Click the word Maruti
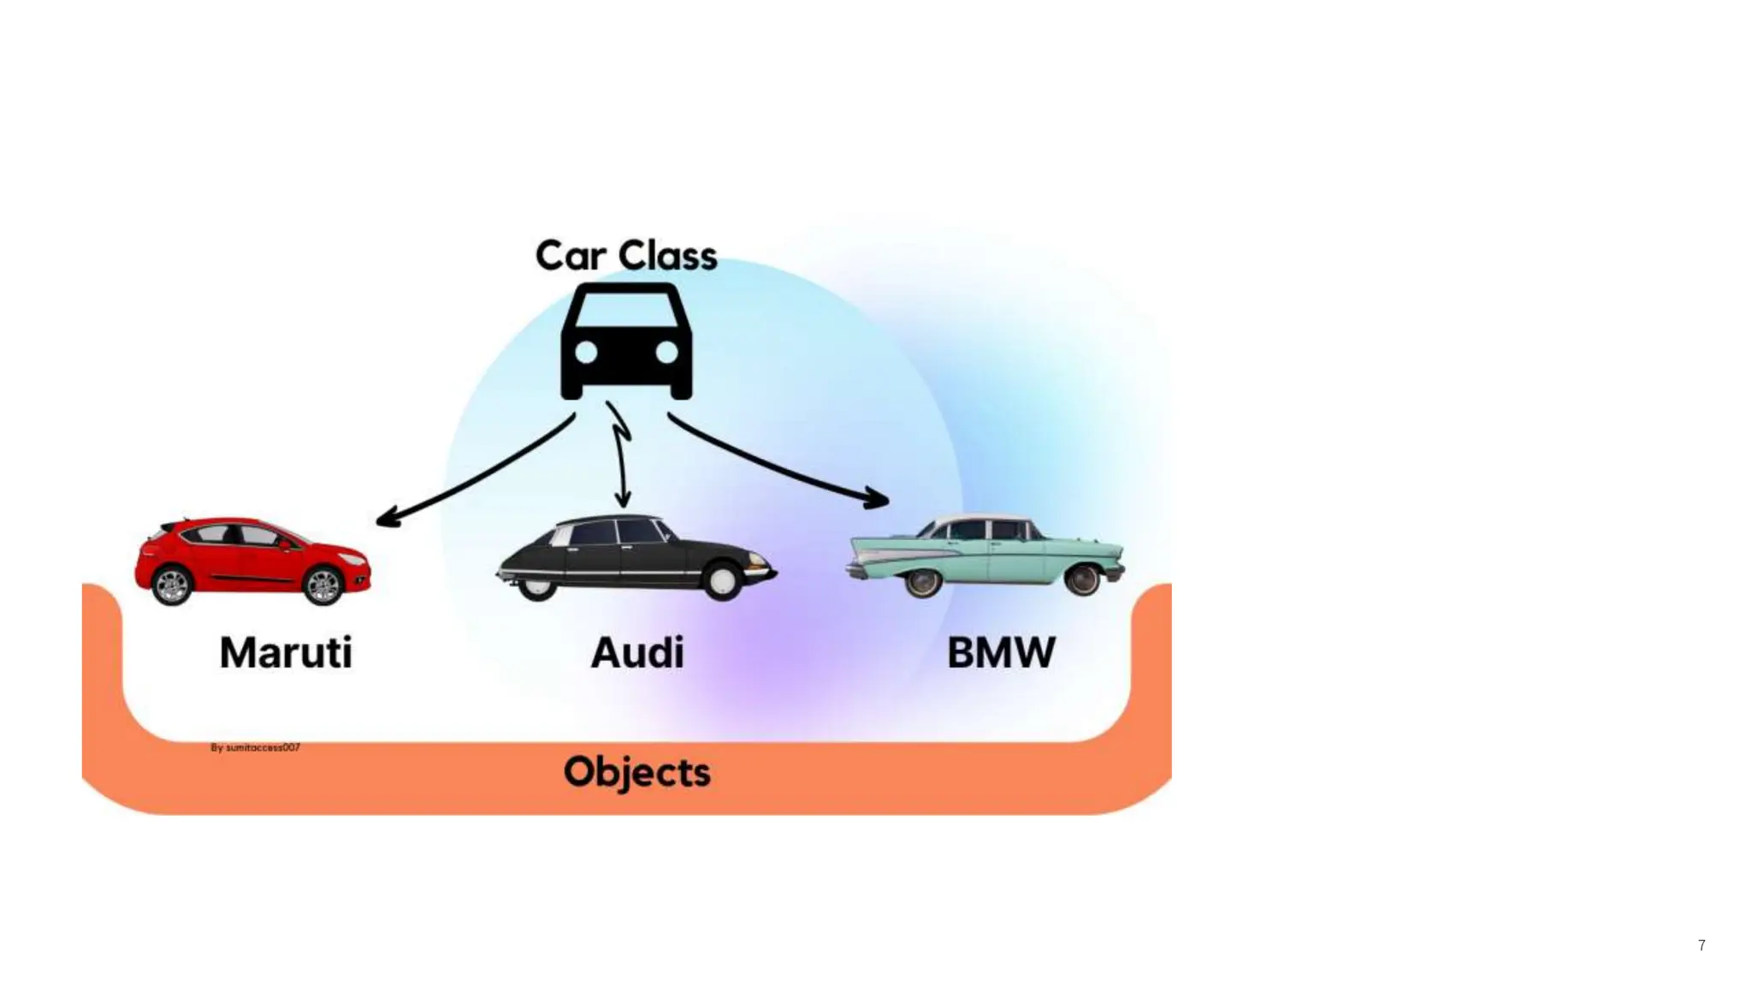286,653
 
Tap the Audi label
637,653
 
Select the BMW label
1001,653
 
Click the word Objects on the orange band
637,772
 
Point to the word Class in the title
667,256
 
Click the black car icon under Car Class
626,342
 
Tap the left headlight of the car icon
587,352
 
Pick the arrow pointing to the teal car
778,463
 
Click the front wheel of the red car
323,585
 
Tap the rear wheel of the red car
172,585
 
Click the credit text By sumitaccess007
255,747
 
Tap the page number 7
1702,945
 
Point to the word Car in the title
570,256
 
